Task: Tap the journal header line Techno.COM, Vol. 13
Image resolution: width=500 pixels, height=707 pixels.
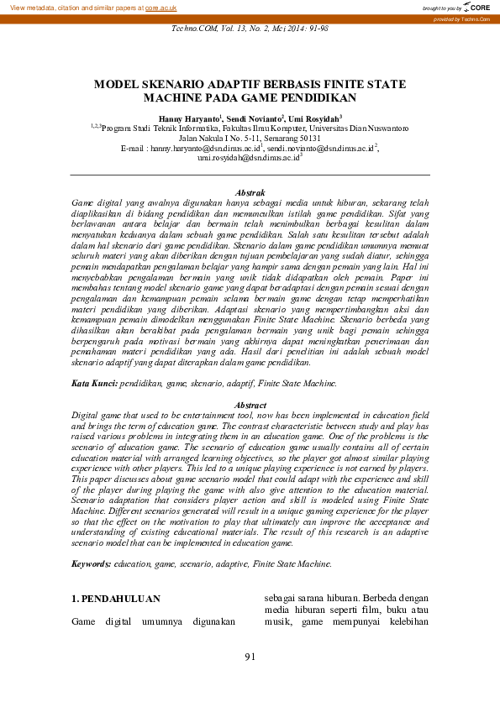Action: pyautogui.click(x=250, y=28)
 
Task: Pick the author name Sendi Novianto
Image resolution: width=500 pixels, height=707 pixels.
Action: pyautogui.click(x=252, y=119)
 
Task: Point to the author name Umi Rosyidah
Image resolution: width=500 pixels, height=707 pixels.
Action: pyautogui.click(x=315, y=119)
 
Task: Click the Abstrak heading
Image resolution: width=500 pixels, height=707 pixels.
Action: pyautogui.click(x=250, y=193)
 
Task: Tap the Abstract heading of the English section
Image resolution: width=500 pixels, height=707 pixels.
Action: pyautogui.click(x=250, y=406)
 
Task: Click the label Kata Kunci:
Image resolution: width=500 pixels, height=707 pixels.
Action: pyautogui.click(x=93, y=383)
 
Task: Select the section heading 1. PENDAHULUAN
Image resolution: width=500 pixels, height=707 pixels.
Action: pyautogui.click(x=115, y=599)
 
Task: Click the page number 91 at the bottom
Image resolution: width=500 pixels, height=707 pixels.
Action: pyautogui.click(x=250, y=656)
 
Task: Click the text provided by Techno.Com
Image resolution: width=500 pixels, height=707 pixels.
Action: pyautogui.click(x=461, y=18)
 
